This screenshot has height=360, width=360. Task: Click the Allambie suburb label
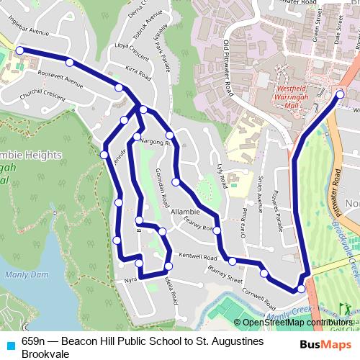point(186,212)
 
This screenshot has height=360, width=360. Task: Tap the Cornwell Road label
point(260,293)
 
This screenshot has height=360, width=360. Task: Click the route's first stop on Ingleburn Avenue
point(19,50)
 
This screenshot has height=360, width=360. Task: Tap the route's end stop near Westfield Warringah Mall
point(341,94)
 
